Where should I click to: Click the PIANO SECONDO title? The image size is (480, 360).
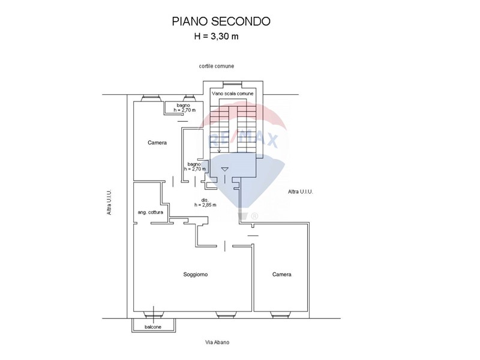pos(221,21)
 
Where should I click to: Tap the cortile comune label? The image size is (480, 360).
pos(218,65)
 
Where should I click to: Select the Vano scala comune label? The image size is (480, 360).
pos(233,94)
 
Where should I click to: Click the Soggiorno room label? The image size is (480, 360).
pos(196,274)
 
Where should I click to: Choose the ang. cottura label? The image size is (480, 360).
pos(151,212)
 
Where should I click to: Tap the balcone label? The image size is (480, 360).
pos(153,327)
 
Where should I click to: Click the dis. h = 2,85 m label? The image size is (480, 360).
pos(205,202)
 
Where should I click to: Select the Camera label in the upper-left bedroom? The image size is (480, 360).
pos(157,143)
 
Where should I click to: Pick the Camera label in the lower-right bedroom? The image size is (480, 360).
pos(281,274)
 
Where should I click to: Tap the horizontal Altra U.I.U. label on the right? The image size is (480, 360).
pos(301,191)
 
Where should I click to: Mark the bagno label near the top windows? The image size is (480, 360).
pos(179,108)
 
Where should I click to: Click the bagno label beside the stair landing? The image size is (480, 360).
pos(196,166)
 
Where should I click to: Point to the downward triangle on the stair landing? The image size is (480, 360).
pos(224,169)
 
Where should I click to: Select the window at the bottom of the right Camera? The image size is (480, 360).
pos(281,313)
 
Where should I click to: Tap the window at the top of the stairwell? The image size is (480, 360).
pos(233,83)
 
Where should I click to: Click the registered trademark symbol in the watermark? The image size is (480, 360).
pos(254,216)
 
